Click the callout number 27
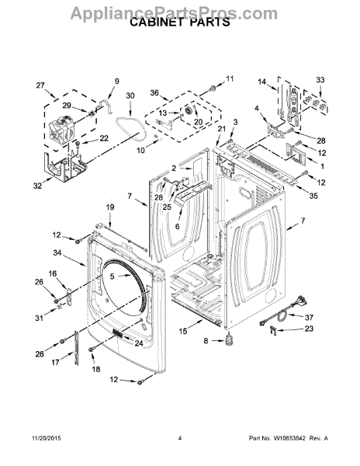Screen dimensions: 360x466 pyautogui.click(x=40, y=85)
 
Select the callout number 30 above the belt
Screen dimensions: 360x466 pyautogui.click(x=130, y=96)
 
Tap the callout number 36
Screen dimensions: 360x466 pyautogui.click(x=154, y=93)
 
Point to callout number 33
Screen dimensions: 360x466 pyautogui.click(x=320, y=80)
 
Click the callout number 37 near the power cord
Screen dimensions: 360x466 pyautogui.click(x=309, y=318)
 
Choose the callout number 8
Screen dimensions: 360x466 pyautogui.click(x=206, y=341)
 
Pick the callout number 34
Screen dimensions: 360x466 pyautogui.click(x=57, y=252)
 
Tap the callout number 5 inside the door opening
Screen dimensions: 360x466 pyautogui.click(x=112, y=276)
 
